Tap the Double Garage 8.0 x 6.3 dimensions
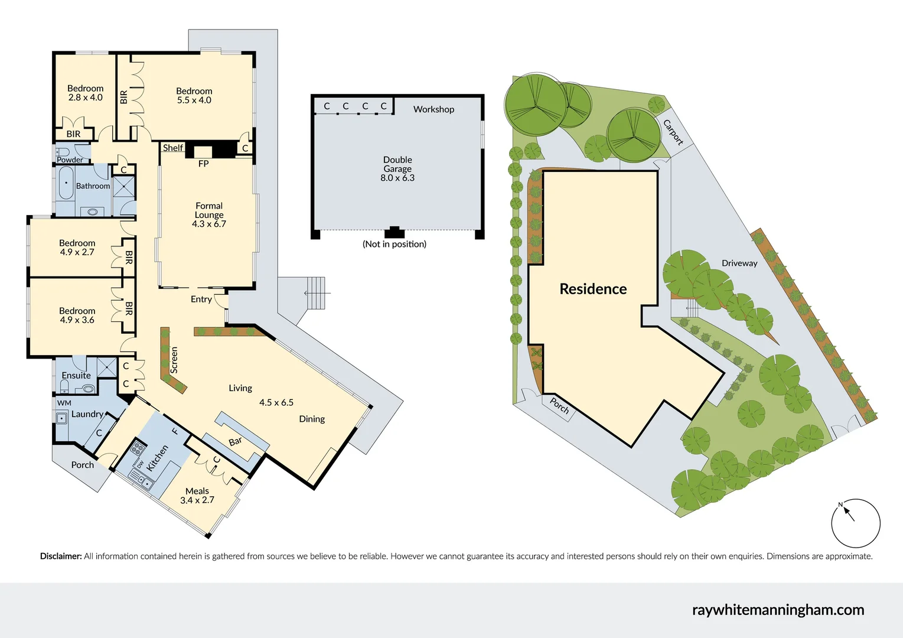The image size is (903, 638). click(397, 178)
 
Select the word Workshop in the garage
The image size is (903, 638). click(433, 109)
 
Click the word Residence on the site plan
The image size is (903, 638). click(593, 289)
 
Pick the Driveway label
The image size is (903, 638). click(739, 263)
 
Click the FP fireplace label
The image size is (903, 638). click(203, 164)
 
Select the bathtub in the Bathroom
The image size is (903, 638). click(64, 184)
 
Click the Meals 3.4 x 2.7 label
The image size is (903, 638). click(197, 496)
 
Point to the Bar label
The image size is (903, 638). click(235, 442)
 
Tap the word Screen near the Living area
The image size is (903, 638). click(174, 360)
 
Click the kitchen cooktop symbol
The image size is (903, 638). click(138, 448)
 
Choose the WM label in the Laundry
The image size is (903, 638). click(64, 403)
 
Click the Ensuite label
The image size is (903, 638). click(76, 376)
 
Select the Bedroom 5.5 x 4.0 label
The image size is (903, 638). click(194, 96)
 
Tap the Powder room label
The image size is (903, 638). click(70, 160)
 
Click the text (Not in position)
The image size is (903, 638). click(394, 244)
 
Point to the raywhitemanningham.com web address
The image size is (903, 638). click(777, 610)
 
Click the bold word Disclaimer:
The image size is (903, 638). click(61, 556)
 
